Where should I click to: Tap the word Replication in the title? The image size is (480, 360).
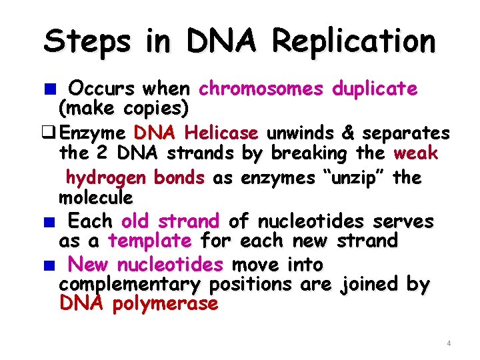[x=353, y=41]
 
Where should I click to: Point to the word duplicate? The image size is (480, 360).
[x=375, y=89]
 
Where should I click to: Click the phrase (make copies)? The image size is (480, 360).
[x=124, y=107]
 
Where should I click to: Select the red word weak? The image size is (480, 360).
[x=416, y=153]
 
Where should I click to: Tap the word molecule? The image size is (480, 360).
[x=95, y=197]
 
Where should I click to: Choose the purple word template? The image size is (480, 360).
[x=150, y=240]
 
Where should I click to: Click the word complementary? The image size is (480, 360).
[x=131, y=285]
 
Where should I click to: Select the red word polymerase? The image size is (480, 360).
[x=175, y=304]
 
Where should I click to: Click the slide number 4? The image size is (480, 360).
[x=449, y=343]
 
